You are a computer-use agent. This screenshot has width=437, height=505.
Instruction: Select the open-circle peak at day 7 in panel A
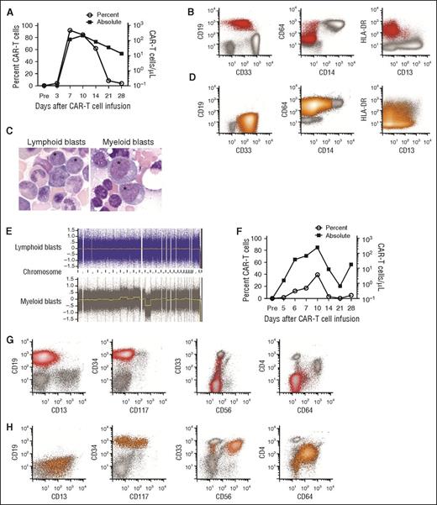(x=70, y=31)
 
